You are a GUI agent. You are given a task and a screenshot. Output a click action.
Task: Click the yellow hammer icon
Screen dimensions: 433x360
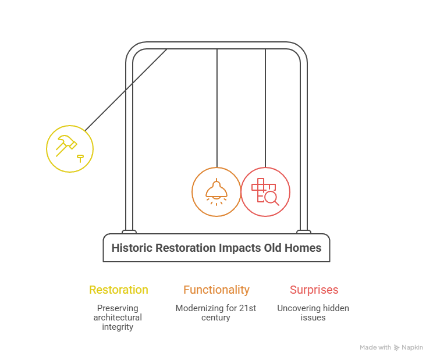(66, 145)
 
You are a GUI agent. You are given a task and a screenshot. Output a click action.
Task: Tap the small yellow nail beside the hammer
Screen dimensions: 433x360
(80, 159)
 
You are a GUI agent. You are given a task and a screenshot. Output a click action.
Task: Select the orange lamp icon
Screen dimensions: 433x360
(216, 192)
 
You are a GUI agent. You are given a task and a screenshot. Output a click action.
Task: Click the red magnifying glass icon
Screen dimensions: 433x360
(271, 198)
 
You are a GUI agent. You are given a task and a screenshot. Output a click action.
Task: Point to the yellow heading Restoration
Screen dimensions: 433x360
(119, 290)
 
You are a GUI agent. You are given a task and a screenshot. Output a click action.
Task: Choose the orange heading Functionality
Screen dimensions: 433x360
(216, 290)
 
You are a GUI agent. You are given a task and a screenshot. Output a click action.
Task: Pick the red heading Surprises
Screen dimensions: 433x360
(314, 290)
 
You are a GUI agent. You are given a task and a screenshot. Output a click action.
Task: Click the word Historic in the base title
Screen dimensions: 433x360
(132, 248)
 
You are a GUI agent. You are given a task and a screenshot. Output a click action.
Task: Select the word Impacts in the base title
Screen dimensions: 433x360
(240, 248)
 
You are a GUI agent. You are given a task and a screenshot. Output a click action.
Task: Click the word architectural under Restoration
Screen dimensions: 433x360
(118, 318)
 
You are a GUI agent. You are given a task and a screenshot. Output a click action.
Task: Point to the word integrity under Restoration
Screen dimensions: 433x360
(118, 327)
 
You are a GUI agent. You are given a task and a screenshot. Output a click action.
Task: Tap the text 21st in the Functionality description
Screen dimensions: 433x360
(247, 308)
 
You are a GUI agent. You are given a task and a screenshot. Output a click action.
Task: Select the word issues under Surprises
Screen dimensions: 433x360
(313, 318)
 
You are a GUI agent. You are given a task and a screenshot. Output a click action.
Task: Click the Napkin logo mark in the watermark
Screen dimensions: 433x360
(396, 348)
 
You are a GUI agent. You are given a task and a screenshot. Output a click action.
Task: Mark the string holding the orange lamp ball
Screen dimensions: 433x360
(217, 108)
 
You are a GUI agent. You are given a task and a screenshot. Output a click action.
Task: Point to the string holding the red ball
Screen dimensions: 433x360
(265, 108)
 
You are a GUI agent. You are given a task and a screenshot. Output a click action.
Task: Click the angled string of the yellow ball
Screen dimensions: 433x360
(126, 90)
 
